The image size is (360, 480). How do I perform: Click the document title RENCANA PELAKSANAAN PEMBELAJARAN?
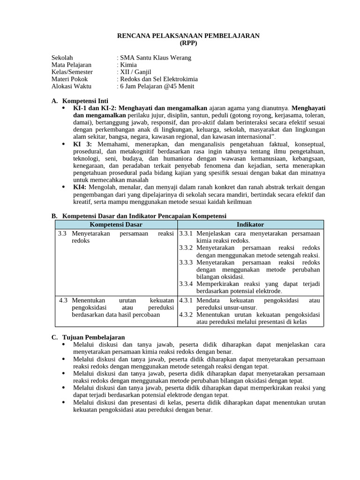(x=188, y=36)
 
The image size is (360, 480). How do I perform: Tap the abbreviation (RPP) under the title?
(x=188, y=43)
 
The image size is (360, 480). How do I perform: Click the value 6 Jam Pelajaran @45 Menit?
(x=157, y=86)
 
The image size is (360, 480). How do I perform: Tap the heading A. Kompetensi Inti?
(x=79, y=101)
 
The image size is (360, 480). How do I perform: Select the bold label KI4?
(x=80, y=187)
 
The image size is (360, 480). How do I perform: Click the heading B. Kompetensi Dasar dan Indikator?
(x=138, y=216)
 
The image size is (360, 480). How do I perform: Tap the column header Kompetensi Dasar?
(x=116, y=225)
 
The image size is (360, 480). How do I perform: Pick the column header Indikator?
(x=250, y=225)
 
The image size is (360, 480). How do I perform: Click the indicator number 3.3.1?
(x=186, y=233)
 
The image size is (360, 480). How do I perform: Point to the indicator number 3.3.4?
(x=186, y=284)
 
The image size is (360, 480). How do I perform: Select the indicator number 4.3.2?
(x=186, y=315)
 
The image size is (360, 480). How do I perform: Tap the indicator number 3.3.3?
(x=186, y=262)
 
